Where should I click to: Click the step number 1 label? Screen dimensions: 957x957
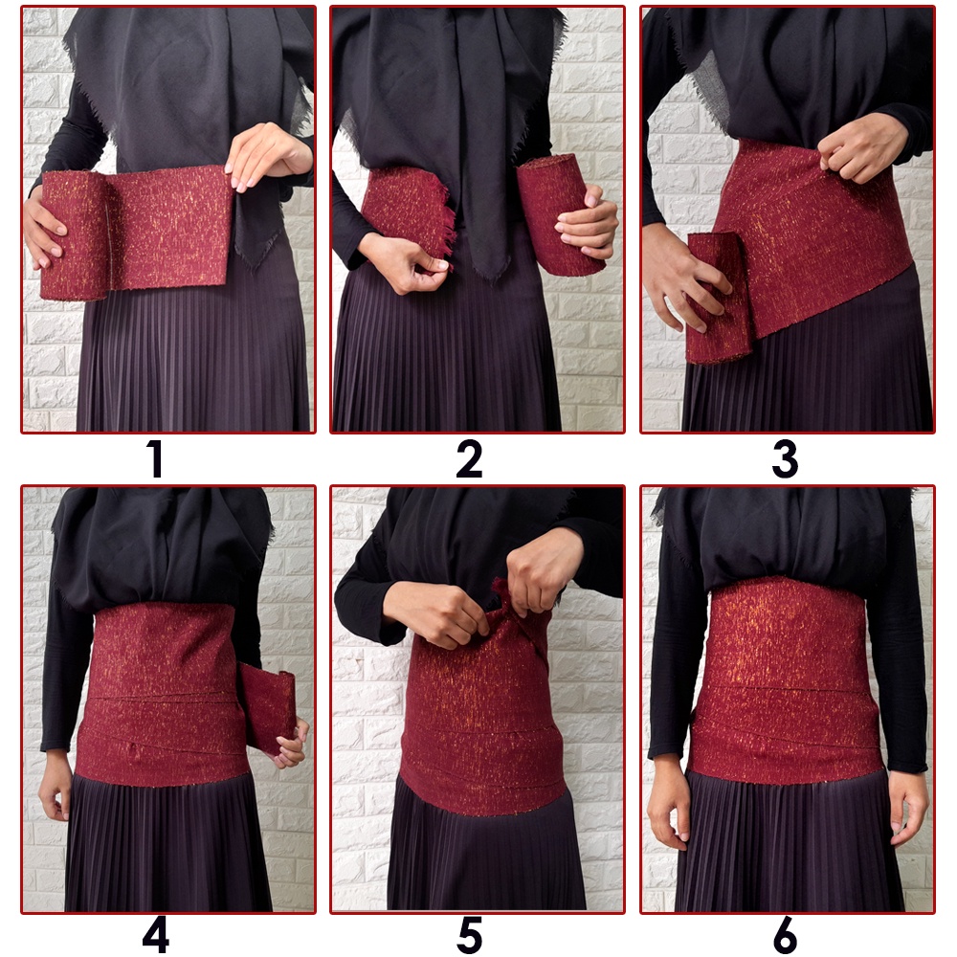(x=155, y=459)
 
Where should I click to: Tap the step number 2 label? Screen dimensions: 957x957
(x=469, y=459)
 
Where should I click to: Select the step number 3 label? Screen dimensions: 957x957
(x=785, y=459)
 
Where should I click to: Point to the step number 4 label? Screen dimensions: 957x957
(x=156, y=934)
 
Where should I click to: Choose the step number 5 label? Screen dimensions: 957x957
(x=469, y=934)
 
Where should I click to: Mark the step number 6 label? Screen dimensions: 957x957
(x=785, y=934)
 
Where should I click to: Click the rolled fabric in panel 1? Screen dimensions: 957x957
(x=75, y=235)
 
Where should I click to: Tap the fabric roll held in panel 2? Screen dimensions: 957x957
(x=555, y=213)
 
